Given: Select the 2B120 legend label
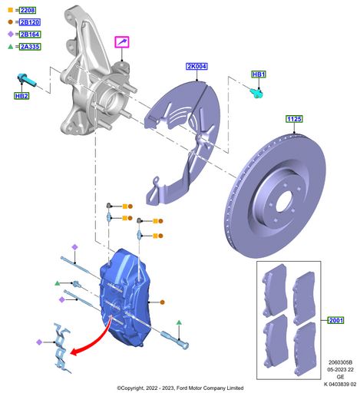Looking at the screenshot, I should click(x=28, y=23).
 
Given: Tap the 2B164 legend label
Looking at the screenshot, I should click(x=28, y=35).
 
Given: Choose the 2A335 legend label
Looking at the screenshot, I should click(x=28, y=47).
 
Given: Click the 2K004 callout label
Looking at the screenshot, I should click(x=197, y=67).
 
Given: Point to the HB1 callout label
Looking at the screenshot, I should click(x=259, y=74).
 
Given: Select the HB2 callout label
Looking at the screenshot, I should click(x=21, y=96).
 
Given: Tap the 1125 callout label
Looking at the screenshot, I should click(x=295, y=119).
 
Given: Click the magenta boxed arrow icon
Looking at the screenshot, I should click(x=124, y=41).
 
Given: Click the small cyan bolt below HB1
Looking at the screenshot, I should click(x=257, y=93).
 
